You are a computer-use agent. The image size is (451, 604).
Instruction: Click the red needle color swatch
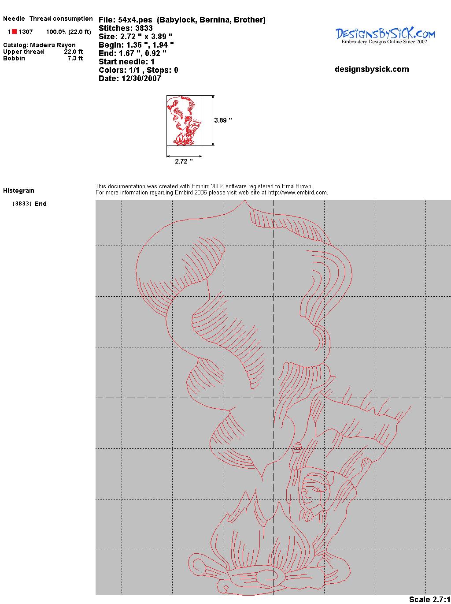14,32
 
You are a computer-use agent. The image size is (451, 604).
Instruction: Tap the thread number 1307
26,32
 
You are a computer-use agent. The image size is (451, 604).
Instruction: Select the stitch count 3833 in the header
144,28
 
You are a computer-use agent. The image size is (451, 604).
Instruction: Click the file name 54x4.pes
135,20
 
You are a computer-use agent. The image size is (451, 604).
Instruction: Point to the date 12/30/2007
141,78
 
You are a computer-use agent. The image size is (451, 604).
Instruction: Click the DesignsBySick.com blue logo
385,36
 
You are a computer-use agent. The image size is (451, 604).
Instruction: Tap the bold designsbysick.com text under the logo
372,69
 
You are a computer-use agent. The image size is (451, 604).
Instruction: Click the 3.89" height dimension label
223,120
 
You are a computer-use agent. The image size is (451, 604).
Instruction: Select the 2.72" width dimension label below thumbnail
184,161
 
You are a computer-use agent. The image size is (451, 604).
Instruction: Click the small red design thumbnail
184,120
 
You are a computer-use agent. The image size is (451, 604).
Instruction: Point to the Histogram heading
18,190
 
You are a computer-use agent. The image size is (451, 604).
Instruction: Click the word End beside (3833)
41,204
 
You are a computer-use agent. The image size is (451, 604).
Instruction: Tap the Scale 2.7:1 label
429,599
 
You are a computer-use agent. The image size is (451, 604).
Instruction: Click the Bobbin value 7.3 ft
75,58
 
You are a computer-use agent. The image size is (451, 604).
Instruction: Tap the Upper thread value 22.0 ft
74,52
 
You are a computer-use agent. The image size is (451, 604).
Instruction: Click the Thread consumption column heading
61,19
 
